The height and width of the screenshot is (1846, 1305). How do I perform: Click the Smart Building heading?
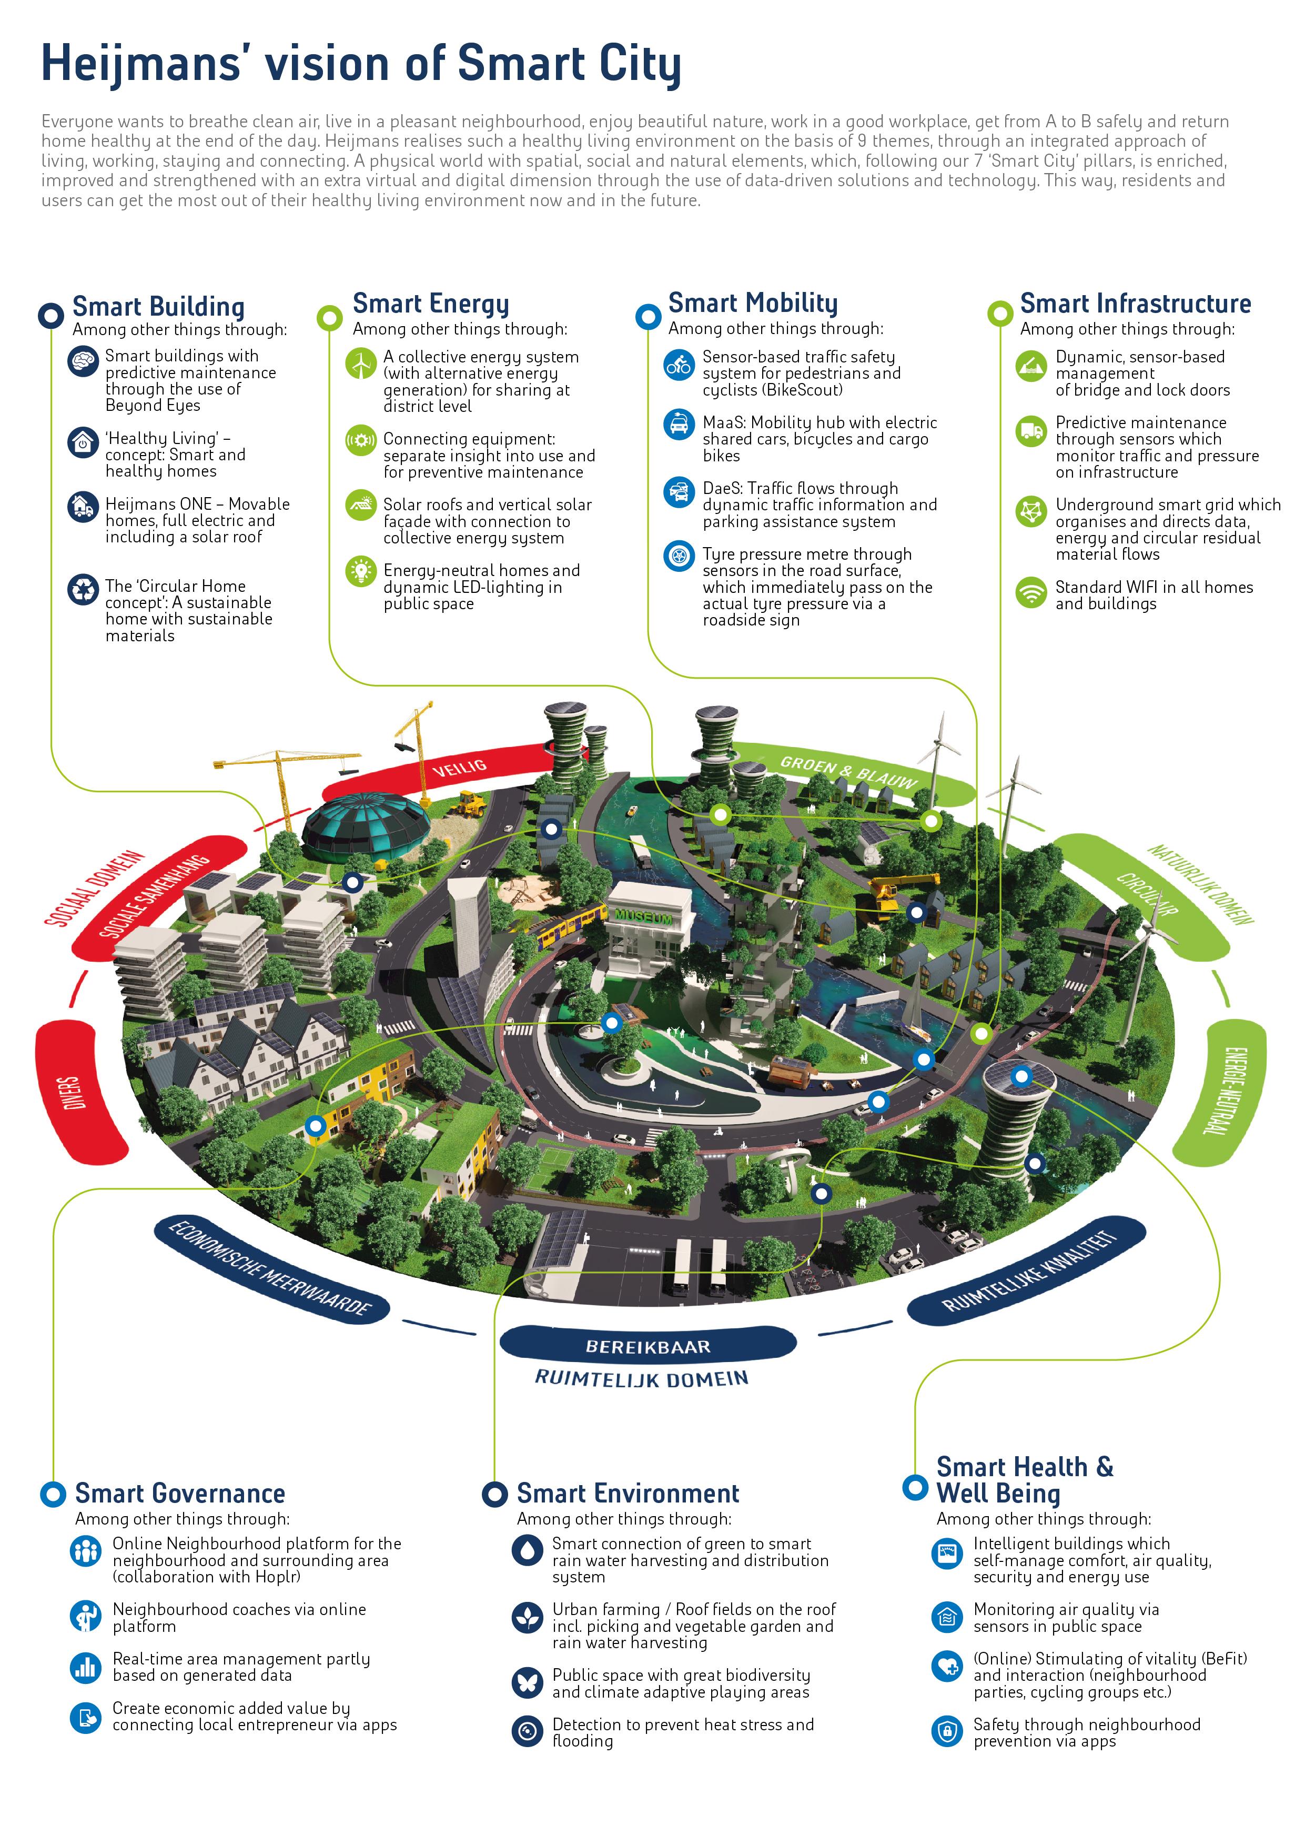[x=158, y=307]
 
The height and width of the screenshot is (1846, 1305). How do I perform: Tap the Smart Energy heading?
[x=431, y=304]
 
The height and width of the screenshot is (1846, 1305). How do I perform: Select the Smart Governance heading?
[x=180, y=1494]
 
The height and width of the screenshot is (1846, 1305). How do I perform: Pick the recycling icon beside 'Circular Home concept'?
[x=83, y=589]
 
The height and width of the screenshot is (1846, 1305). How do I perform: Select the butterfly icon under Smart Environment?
[x=528, y=1682]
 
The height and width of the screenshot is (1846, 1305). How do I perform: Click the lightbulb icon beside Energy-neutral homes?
[x=361, y=571]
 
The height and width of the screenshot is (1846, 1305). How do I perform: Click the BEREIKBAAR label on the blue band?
[x=648, y=1347]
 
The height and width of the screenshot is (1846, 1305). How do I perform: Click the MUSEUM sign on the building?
[x=643, y=916]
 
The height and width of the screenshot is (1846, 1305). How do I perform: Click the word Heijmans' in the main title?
[x=141, y=64]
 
